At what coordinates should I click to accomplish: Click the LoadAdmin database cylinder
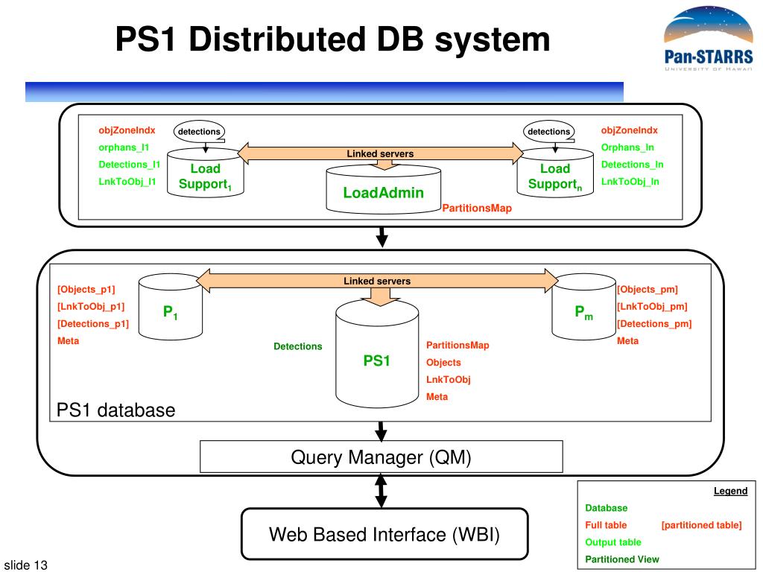point(384,190)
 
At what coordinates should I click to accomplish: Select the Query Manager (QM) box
point(381,457)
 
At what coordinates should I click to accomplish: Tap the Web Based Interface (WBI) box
point(384,534)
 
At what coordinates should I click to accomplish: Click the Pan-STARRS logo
point(709,39)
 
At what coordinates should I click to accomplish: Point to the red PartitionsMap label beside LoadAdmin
point(477,209)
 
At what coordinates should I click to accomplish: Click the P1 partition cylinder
point(171,307)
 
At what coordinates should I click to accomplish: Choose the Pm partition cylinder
point(584,307)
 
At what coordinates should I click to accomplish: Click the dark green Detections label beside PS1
point(298,346)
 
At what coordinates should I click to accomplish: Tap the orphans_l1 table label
point(124,147)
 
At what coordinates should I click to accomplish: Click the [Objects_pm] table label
point(648,290)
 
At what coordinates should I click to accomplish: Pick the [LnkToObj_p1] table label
point(91,306)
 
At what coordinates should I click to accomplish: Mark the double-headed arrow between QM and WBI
point(381,491)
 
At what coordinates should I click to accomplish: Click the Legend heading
point(730,491)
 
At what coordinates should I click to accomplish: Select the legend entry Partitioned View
point(622,559)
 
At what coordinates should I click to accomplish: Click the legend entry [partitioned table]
point(701,525)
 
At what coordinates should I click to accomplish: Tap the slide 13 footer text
point(26,565)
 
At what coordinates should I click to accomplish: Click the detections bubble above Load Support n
point(548,131)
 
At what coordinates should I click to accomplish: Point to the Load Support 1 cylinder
point(206,174)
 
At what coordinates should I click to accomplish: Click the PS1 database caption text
point(115,410)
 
